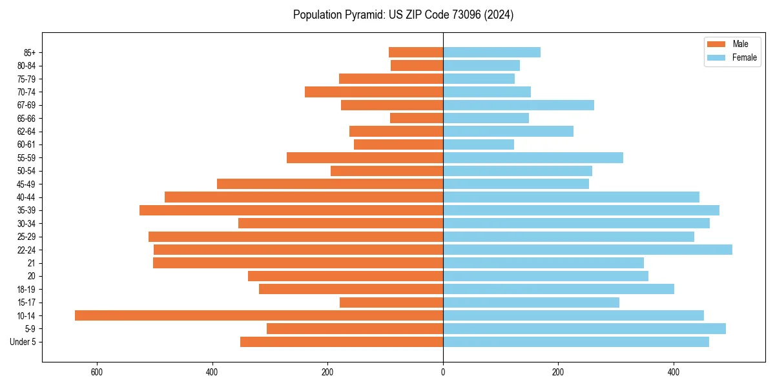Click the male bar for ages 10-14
[258, 315]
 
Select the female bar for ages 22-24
[588, 250]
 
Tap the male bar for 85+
[416, 52]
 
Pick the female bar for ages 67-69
[519, 105]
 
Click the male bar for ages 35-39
[291, 210]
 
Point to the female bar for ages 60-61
[479, 144]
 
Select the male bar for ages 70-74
[374, 92]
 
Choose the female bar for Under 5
[576, 342]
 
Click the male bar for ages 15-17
[391, 303]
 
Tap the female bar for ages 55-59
[533, 157]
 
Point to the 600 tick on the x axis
[97, 372]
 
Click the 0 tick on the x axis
[443, 372]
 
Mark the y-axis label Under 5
[23, 342]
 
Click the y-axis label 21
[31, 263]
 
